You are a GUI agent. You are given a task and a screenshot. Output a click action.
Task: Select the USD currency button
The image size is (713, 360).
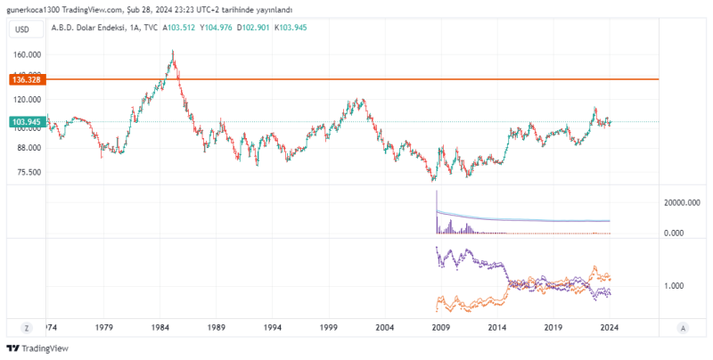pos(22,30)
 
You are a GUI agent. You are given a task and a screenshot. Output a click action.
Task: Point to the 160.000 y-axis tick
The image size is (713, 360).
pos(28,54)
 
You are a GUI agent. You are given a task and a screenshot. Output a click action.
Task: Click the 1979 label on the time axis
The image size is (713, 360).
pos(104,327)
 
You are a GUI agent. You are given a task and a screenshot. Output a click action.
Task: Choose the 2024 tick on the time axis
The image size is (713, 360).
pos(610,327)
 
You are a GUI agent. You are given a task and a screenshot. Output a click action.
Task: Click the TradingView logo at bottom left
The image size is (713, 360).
pos(37,348)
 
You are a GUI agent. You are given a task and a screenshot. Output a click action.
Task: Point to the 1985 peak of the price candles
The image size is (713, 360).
pos(173,53)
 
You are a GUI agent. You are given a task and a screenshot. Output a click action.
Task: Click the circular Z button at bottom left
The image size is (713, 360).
pos(28,327)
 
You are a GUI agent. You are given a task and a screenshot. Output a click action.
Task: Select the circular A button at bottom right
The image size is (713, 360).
pos(682,327)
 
